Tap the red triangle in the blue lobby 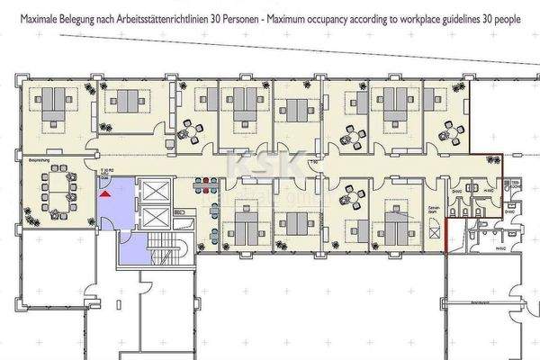pos(105,191)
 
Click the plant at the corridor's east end pos(490,161)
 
